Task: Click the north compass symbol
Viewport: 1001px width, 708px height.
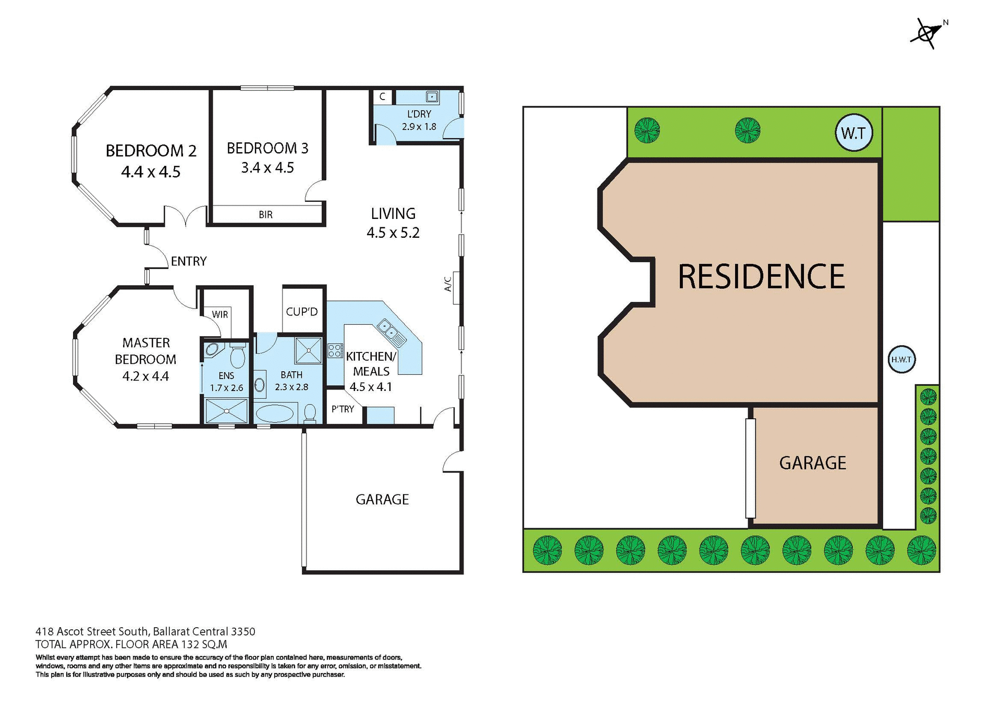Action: click(927, 34)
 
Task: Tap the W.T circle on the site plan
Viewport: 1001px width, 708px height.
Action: click(853, 133)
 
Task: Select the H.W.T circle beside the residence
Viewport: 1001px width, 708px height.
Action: click(901, 359)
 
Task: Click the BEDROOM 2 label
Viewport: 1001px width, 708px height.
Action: click(151, 151)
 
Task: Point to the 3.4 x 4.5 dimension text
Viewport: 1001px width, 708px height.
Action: click(267, 168)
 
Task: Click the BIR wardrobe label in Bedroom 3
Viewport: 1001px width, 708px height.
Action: click(265, 214)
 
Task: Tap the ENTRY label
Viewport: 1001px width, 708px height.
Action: click(189, 261)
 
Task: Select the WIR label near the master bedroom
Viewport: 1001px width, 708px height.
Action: click(219, 314)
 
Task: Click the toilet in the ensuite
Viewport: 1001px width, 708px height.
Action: click(238, 356)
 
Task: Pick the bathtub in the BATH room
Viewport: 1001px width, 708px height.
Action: click(276, 413)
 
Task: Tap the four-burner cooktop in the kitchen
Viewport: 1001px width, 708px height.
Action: click(335, 350)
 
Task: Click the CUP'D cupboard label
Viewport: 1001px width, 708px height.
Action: click(302, 312)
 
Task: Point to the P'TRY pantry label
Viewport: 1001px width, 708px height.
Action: click(343, 409)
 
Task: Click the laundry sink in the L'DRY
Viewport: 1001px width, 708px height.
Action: click(432, 96)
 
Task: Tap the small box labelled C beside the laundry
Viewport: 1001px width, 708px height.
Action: click(382, 96)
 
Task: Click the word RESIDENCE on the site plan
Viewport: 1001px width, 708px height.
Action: click(761, 276)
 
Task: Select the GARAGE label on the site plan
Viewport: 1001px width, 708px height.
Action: click(812, 463)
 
